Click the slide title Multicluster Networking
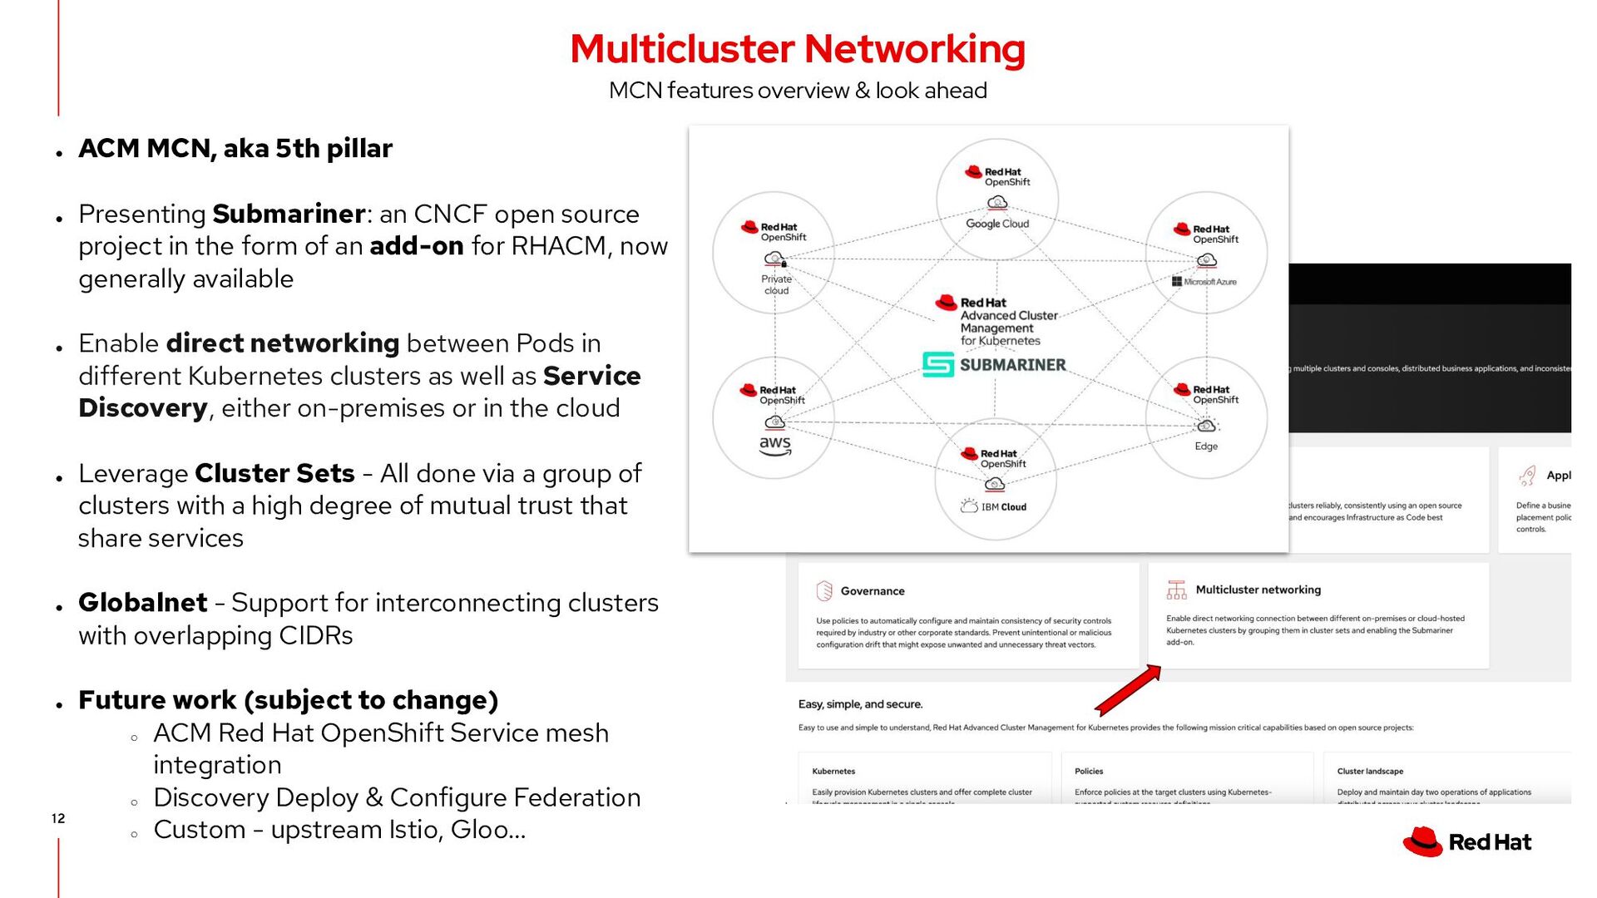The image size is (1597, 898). pyautogui.click(x=797, y=48)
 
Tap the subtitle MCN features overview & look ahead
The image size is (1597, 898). pyautogui.click(x=797, y=90)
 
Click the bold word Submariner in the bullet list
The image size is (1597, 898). pyautogui.click(x=289, y=214)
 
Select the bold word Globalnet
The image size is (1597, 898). pyautogui.click(x=142, y=602)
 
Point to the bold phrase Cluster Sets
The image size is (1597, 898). pyautogui.click(x=274, y=473)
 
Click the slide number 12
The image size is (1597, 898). pyautogui.click(x=58, y=818)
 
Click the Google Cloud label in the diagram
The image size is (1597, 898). pyautogui.click(x=996, y=224)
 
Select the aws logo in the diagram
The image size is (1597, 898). pyautogui.click(x=774, y=445)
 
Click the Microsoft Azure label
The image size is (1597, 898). pyautogui.click(x=1204, y=282)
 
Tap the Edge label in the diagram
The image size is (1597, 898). pyautogui.click(x=1205, y=447)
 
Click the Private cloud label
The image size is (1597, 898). pyautogui.click(x=776, y=284)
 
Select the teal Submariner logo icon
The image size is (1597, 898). pyautogui.click(x=938, y=364)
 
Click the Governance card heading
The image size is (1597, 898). pyautogui.click(x=872, y=591)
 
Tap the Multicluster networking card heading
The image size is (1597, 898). pyautogui.click(x=1258, y=590)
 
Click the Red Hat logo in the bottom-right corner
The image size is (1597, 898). pyautogui.click(x=1466, y=842)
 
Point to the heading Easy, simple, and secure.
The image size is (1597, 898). pyautogui.click(x=860, y=704)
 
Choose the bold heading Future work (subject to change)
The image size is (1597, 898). pyautogui.click(x=288, y=700)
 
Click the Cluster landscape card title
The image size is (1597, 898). pyautogui.click(x=1369, y=772)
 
